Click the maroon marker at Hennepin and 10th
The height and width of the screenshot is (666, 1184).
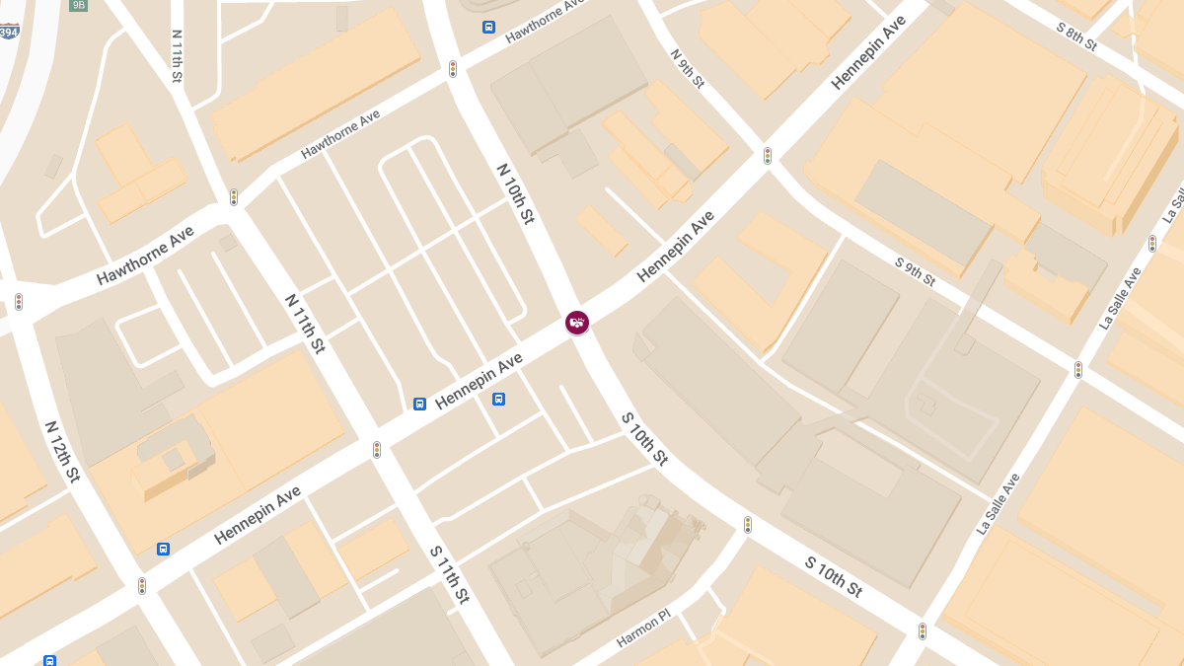(577, 322)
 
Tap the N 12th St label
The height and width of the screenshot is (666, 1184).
(61, 452)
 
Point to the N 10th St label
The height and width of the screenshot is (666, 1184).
(515, 193)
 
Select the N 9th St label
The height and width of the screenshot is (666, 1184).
(687, 68)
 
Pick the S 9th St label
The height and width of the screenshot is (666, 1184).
(915, 271)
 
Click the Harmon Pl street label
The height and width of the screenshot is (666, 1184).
(643, 629)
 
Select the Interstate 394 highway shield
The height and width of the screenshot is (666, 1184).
(8, 31)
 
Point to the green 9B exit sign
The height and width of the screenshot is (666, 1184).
(79, 5)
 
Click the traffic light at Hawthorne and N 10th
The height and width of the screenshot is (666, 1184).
(453, 68)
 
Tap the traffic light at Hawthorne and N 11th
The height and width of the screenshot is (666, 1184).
(234, 196)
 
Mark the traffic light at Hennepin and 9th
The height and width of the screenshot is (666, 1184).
(768, 155)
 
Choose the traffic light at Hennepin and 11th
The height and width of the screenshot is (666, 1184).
(376, 449)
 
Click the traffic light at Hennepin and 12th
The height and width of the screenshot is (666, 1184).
(142, 585)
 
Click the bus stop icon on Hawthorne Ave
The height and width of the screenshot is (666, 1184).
(488, 27)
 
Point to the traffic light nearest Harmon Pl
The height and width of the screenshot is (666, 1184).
(747, 524)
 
